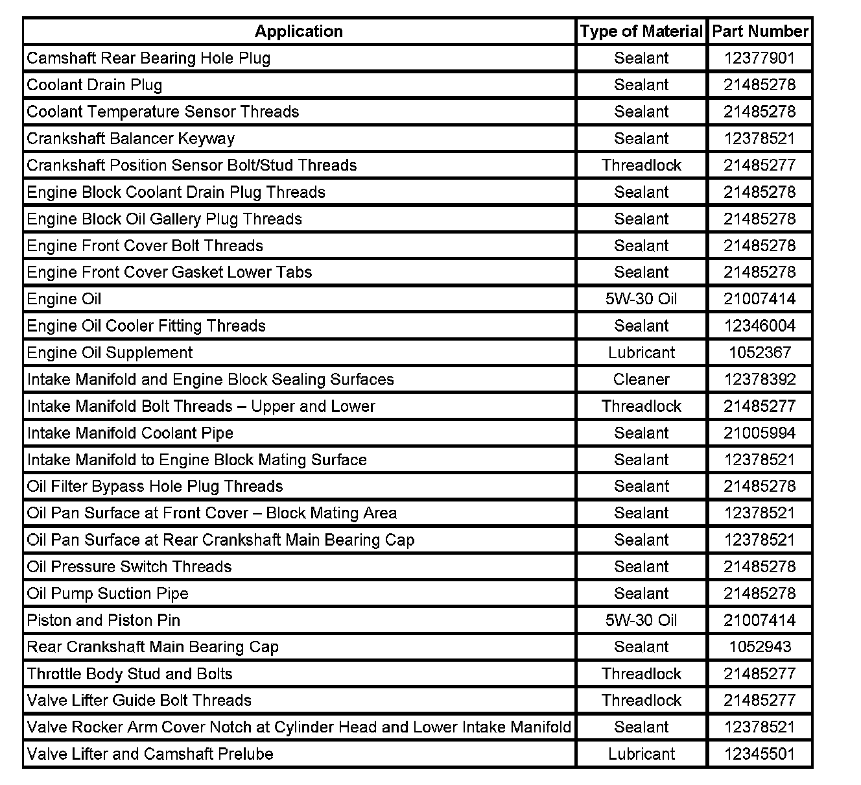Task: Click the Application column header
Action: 298,31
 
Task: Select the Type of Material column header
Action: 641,31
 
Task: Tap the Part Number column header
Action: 760,31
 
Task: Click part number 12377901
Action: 759,58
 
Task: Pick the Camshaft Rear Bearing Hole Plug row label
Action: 148,58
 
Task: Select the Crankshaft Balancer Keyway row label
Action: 130,139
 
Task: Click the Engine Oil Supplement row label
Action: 110,353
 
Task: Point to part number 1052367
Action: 759,353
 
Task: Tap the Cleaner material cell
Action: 641,380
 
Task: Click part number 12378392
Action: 759,380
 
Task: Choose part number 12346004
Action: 759,326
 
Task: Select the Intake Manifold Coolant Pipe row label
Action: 130,433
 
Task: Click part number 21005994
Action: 759,433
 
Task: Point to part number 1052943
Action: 759,647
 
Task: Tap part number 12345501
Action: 759,754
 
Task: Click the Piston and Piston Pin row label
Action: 103,620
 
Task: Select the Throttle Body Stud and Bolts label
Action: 129,673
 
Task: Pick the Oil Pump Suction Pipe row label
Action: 108,594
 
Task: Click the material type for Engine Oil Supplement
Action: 641,353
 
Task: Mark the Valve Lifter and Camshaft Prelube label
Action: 150,754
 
